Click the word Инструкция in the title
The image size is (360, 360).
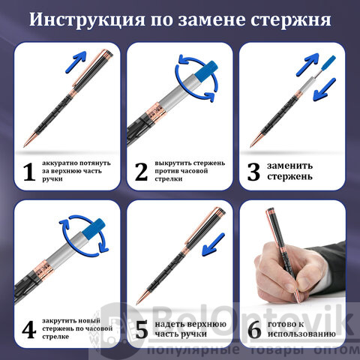(x=87, y=19)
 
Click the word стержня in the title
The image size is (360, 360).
(x=291, y=19)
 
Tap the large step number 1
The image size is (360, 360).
(x=29, y=172)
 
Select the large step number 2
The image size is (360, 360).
(x=141, y=172)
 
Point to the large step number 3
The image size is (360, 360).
(x=253, y=172)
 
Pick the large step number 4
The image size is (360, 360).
(x=29, y=330)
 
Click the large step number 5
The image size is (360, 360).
(x=142, y=330)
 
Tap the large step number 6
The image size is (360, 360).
(x=255, y=330)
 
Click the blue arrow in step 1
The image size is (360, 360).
(x=76, y=62)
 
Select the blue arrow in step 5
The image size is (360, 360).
(x=213, y=244)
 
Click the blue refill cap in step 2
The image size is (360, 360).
(x=205, y=70)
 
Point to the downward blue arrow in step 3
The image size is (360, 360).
(x=324, y=89)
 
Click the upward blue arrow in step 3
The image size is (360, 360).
(x=307, y=64)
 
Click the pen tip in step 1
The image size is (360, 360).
(x=25, y=145)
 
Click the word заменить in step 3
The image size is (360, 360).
(x=289, y=166)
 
